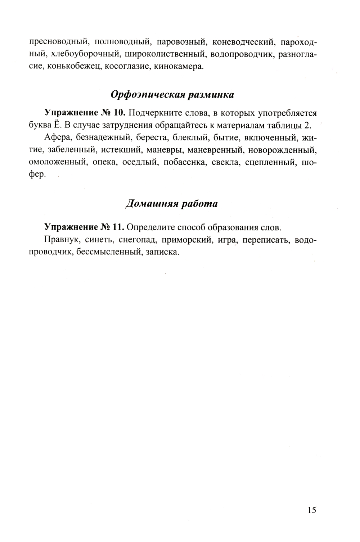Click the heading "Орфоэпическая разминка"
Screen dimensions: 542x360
point(172,95)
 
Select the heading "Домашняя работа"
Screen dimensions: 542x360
point(172,204)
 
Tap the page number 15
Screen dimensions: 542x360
point(312,510)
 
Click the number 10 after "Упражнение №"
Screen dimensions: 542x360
point(118,113)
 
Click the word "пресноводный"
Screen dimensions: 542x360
point(59,42)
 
